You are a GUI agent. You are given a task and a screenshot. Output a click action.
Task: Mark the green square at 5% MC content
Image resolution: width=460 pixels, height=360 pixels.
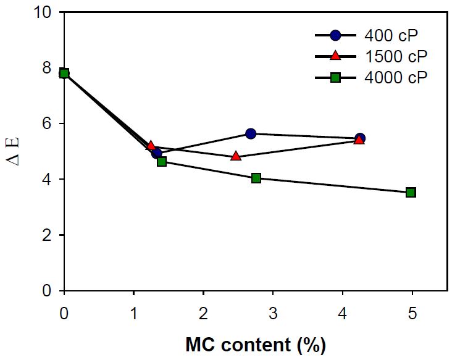click(x=411, y=192)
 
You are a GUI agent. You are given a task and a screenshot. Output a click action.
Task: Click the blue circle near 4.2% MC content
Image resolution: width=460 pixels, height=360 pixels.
click(x=360, y=138)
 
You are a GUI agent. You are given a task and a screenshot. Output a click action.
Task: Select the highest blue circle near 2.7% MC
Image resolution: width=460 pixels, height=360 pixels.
click(x=251, y=133)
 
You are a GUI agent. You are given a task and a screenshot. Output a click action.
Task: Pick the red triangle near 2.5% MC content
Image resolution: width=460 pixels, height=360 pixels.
click(x=236, y=156)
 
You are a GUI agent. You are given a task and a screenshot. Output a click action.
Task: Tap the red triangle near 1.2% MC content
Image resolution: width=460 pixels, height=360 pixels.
click(x=151, y=146)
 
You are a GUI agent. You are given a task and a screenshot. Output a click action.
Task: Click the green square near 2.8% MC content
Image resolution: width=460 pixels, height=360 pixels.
click(x=256, y=178)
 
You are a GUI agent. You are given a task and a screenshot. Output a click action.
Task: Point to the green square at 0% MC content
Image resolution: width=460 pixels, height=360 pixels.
click(x=64, y=73)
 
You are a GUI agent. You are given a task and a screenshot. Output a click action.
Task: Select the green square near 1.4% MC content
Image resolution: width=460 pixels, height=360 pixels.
click(x=162, y=162)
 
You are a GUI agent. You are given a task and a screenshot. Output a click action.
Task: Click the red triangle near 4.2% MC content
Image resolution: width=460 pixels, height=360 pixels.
click(x=359, y=140)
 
